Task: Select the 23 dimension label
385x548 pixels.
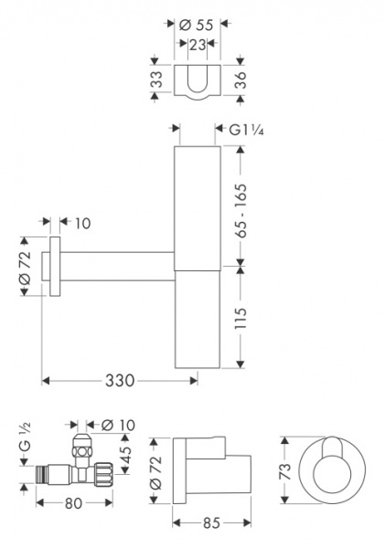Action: pos(198,44)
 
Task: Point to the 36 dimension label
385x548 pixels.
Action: pos(241,81)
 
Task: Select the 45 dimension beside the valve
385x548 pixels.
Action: pos(125,454)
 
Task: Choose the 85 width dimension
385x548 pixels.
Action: pos(210,523)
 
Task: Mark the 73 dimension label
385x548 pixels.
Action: pos(287,470)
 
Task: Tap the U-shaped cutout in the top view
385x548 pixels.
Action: pos(198,80)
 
